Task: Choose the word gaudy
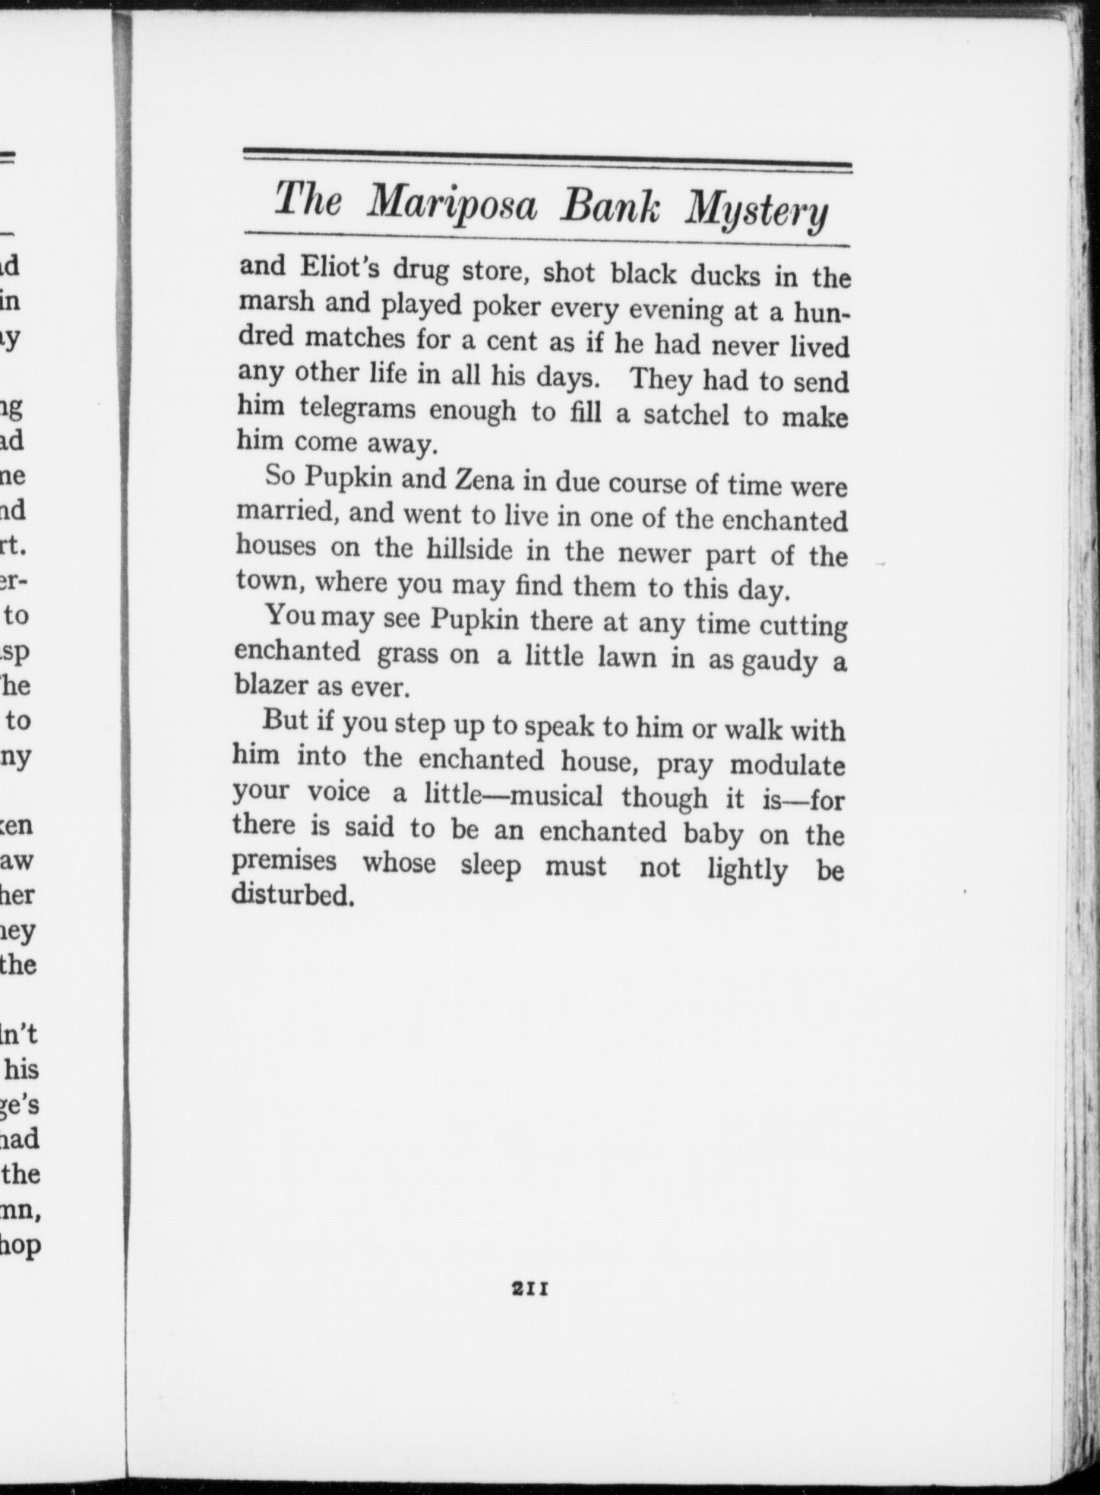coord(779,662)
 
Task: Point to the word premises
coord(284,861)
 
